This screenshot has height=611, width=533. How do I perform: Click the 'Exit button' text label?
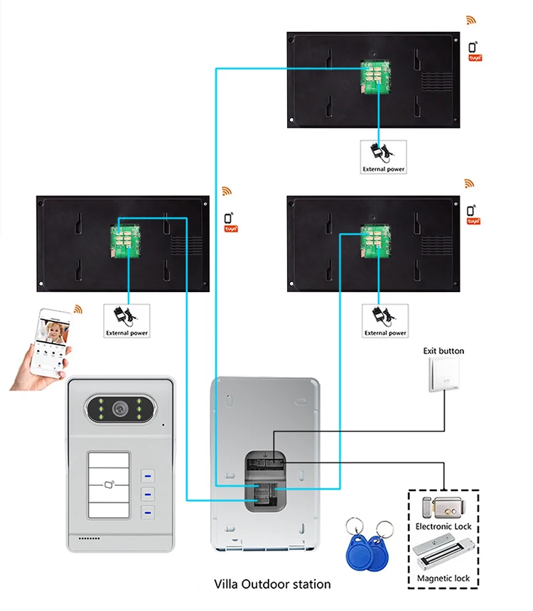(443, 351)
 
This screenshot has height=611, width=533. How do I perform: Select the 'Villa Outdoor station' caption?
(272, 584)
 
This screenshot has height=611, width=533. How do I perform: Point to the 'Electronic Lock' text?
(443, 526)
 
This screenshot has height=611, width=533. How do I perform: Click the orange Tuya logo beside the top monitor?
(474, 54)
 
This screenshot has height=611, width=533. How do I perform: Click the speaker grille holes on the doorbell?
(89, 538)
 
